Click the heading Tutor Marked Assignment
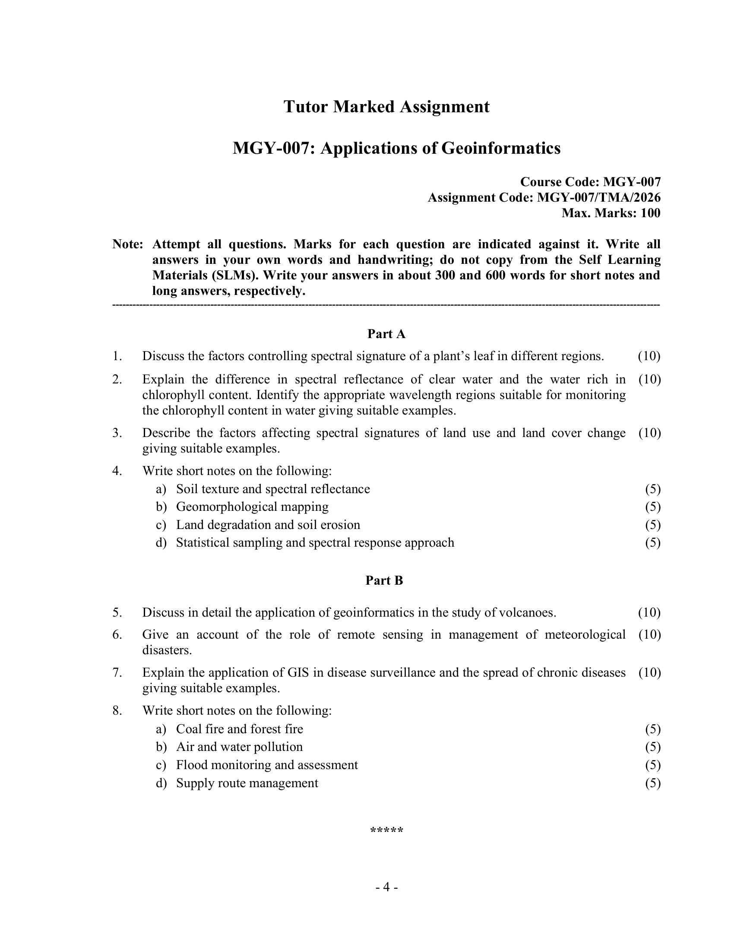coord(386,107)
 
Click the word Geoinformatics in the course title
coord(501,148)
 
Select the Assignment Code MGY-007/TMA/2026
coord(599,197)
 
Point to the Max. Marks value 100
coord(650,213)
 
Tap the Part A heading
coord(386,334)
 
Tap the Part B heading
coord(384,580)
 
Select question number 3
coord(117,433)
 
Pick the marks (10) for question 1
coord(649,356)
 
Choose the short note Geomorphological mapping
coord(252,507)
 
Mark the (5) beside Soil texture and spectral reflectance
coord(653,489)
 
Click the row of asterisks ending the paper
coord(386,830)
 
